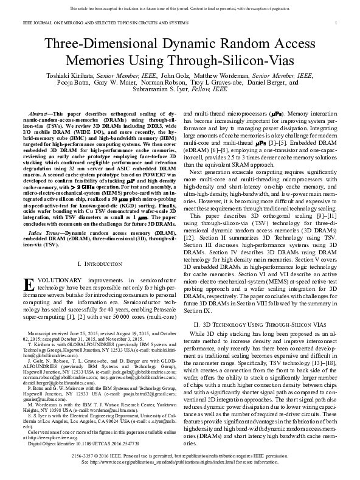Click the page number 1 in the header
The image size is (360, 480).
pos(336,23)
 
